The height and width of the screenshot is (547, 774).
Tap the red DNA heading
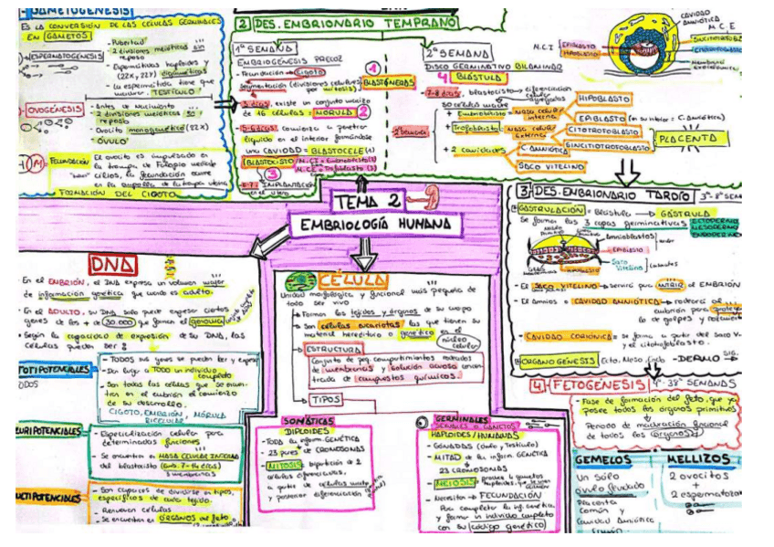pos(113,264)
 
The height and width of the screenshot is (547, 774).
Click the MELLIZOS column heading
pos(698,458)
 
